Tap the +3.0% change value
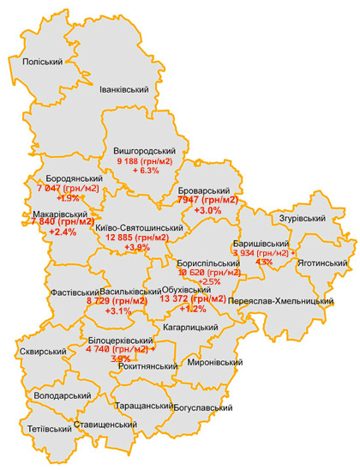(208, 210)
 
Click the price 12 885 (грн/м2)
(139, 238)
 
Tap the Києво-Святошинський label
(139, 227)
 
